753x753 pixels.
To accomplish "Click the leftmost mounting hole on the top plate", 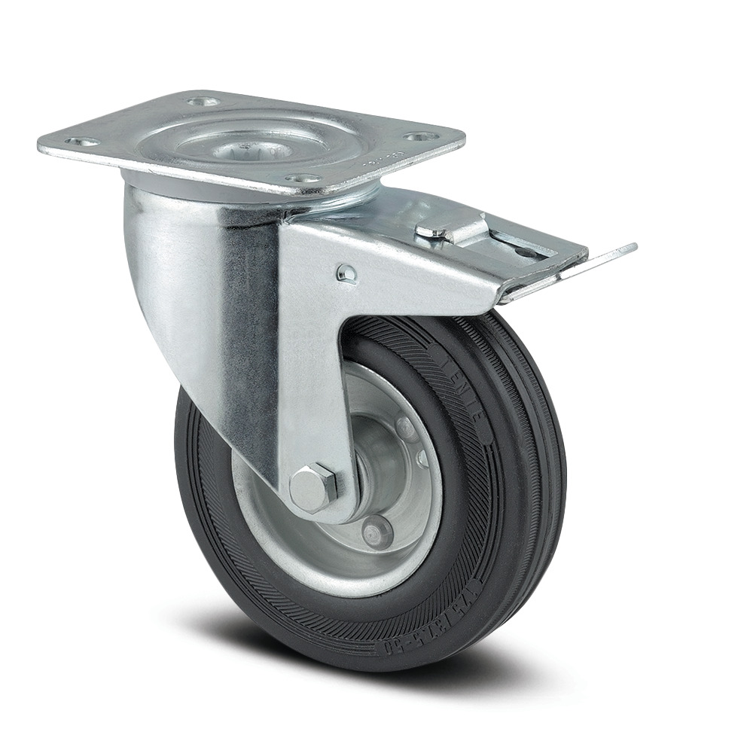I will coord(82,142).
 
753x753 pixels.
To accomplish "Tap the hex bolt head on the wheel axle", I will coord(313,488).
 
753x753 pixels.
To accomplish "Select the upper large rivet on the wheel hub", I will coord(407,430).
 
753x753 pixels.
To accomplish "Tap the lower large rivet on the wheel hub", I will coord(376,532).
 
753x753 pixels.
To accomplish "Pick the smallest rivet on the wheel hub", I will coord(423,458).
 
